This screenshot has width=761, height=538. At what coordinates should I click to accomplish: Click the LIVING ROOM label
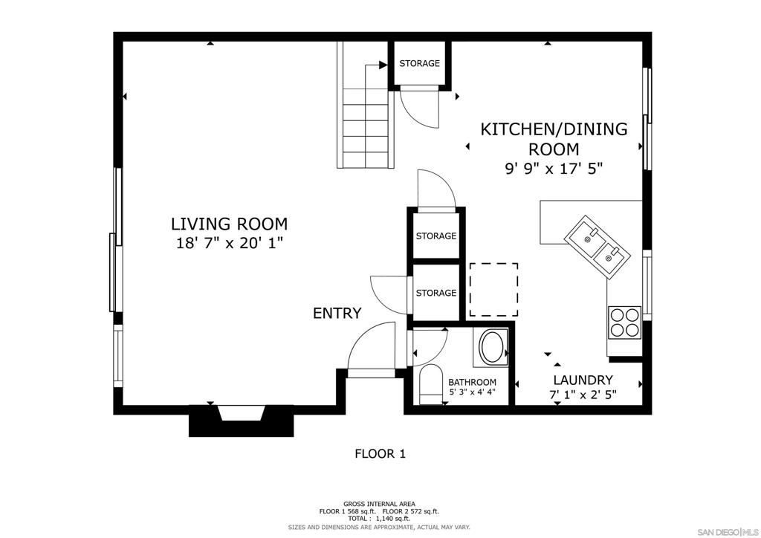pos(229,224)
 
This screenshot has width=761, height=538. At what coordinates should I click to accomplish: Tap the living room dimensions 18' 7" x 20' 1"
pos(229,243)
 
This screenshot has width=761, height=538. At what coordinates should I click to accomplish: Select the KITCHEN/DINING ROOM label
pos(554,139)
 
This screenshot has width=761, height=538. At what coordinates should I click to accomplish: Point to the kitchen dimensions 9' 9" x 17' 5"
pos(554,169)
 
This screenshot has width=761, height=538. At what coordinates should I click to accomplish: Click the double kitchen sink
pos(597,247)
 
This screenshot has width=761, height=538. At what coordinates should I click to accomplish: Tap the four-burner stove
pos(625,322)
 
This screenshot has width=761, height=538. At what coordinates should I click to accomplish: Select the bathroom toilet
pos(430,384)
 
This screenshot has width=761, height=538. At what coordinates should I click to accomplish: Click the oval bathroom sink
pos(493,347)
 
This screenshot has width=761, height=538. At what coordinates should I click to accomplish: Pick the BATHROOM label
pos(472,382)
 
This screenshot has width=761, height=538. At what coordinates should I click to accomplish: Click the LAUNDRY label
pos(583,380)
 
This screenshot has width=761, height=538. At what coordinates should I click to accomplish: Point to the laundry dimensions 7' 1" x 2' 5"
pos(583,395)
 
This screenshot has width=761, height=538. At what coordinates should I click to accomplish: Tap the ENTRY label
pos(337,314)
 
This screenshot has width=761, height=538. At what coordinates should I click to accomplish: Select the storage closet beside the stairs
pos(420,63)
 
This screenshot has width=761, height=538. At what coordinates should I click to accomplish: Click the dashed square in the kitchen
pos(493,290)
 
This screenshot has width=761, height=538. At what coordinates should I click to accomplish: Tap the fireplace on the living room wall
pos(242,420)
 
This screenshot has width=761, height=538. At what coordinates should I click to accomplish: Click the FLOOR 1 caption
pos(380,454)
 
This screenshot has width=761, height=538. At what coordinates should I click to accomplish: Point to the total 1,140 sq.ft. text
pos(379,519)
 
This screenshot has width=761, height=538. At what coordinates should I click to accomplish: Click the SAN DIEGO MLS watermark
pos(728,530)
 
